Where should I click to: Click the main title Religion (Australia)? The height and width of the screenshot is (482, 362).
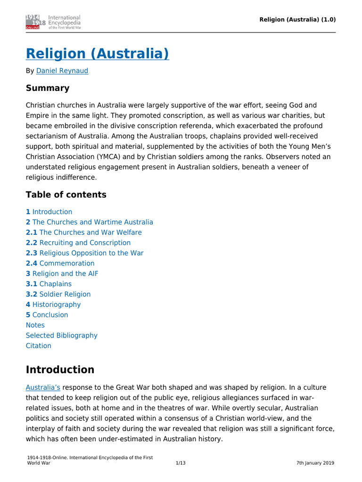coord(97,54)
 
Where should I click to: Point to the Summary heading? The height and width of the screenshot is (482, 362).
coord(48,88)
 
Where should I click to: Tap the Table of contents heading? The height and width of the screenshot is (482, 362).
coord(66,195)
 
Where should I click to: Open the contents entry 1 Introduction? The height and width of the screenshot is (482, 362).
coord(49,212)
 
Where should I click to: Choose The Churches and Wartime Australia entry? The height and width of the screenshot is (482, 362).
coord(90,222)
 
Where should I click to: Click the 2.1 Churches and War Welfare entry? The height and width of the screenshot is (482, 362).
coord(84,233)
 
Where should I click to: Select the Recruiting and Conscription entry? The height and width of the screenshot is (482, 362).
coord(78,243)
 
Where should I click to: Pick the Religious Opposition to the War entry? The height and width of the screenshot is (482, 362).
coord(85,253)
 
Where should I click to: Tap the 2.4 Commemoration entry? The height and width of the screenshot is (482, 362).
coord(60,264)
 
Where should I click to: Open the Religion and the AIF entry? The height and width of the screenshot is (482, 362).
coord(62,274)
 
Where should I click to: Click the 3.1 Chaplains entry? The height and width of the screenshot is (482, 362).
coord(49,284)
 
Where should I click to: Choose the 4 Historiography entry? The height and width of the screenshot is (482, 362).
coord(53,305)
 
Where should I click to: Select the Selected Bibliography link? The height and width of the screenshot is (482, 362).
coord(62,336)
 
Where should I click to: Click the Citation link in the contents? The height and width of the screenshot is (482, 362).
coord(39,346)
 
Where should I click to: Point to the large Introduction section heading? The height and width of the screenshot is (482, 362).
coord(60,370)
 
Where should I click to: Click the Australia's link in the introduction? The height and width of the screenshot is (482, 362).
coord(43,387)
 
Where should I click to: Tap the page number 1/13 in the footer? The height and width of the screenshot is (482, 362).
coord(181,463)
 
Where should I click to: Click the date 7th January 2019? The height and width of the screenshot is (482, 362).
coord(315,463)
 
